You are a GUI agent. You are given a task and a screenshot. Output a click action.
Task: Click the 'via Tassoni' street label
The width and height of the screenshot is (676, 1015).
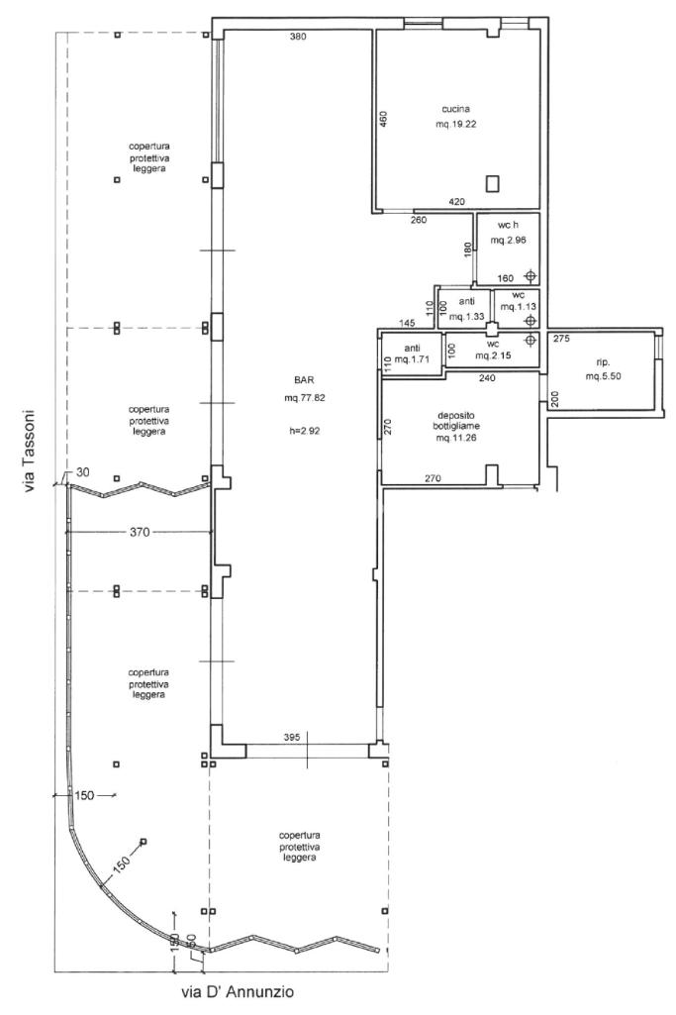[x=29, y=451]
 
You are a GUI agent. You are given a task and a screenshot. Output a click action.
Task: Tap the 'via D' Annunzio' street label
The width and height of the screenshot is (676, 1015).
[x=237, y=991]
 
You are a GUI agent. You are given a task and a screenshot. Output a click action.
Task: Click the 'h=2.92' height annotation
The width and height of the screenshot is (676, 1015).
[x=304, y=429]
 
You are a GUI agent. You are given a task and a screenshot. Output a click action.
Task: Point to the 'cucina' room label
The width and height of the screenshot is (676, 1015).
[x=456, y=109]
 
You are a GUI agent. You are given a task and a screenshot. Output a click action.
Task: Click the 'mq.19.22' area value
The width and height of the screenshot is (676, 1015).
[x=456, y=124]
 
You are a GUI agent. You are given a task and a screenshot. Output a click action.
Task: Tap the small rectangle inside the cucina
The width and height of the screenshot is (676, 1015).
[x=492, y=183]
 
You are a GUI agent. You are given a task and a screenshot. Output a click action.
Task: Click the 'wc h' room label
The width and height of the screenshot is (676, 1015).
[x=509, y=225]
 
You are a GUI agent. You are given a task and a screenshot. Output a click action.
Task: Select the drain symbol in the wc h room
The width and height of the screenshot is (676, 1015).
[x=531, y=276]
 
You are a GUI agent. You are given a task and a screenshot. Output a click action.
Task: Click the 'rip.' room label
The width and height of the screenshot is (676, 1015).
[x=602, y=362]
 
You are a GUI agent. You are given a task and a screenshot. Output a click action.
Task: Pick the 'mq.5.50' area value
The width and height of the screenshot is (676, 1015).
[x=603, y=375]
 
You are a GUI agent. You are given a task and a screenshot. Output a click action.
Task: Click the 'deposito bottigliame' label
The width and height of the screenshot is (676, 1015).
[x=456, y=421]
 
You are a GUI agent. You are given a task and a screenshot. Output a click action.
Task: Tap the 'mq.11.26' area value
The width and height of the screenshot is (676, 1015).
[x=456, y=438]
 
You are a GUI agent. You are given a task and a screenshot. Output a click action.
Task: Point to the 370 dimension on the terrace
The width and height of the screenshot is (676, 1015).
[x=140, y=532]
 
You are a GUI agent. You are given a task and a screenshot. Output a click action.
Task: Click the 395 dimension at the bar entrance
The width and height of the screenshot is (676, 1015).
[x=292, y=737]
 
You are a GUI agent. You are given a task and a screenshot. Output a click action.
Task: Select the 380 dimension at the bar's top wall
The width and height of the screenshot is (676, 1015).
[x=298, y=37]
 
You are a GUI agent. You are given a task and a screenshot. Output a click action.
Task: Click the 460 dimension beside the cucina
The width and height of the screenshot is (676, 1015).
[x=383, y=120]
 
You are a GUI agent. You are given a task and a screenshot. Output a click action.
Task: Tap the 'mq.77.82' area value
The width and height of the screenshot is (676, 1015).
[x=304, y=398]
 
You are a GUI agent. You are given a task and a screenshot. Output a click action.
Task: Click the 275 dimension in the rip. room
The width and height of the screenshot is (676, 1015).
[x=561, y=338]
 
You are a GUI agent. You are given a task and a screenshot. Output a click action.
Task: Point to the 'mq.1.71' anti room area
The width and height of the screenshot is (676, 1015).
[x=412, y=359]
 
